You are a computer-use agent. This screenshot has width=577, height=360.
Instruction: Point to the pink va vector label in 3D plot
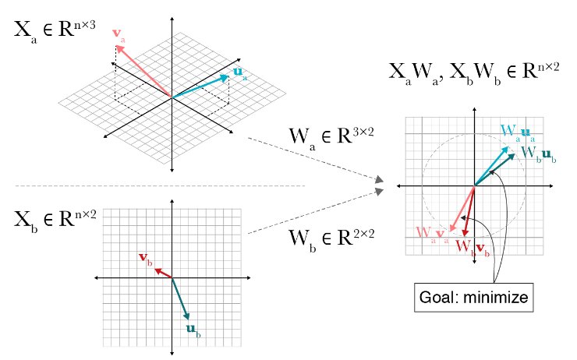(x=118, y=34)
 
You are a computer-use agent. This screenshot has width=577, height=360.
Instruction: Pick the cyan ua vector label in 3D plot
(x=239, y=73)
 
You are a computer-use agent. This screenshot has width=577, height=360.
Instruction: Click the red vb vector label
(x=145, y=258)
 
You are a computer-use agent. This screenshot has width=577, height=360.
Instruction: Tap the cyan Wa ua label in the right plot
(x=517, y=130)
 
